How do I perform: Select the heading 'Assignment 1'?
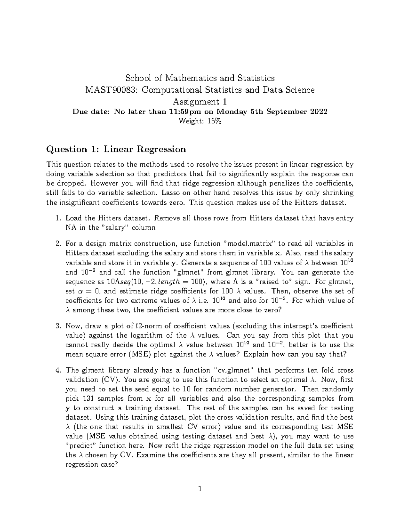pos(200,101)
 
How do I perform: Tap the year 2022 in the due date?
pos(318,112)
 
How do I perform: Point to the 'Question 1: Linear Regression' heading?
pos(116,149)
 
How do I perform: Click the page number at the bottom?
pos(200,489)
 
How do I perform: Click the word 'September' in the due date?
pos(283,112)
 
